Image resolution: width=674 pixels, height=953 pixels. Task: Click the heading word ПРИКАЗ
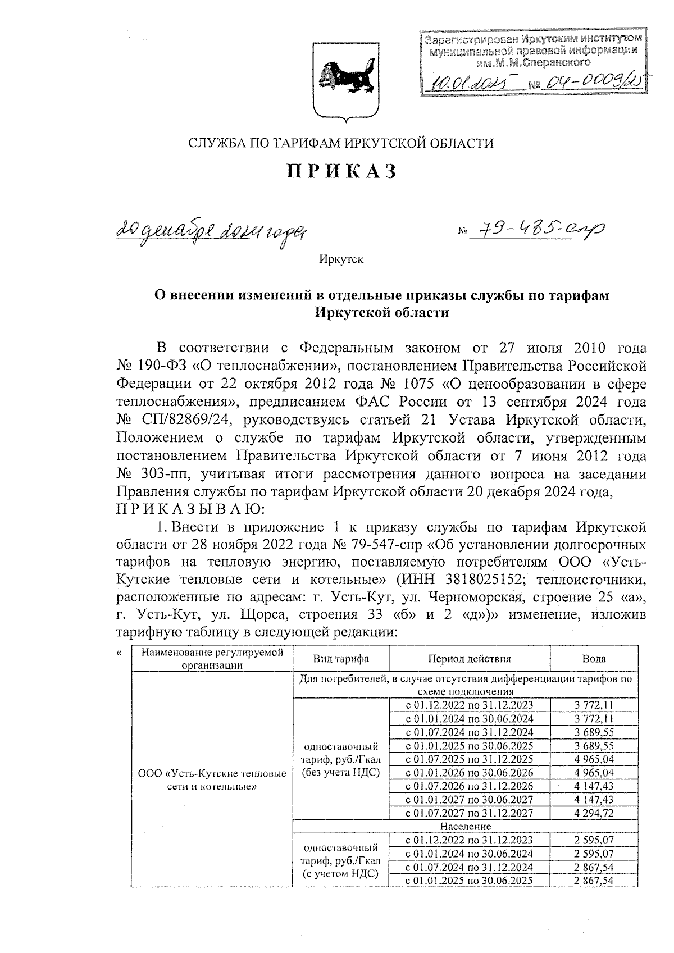click(x=342, y=171)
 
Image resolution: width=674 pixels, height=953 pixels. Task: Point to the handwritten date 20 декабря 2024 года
click(x=213, y=229)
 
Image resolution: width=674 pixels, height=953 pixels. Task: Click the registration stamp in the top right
click(x=532, y=62)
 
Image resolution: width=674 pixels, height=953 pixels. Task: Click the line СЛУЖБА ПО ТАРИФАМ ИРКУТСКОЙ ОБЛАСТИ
click(x=341, y=143)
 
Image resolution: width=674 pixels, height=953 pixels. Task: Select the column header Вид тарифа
click(x=340, y=659)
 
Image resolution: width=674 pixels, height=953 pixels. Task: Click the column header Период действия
click(x=469, y=659)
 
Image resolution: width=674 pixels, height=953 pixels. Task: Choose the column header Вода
click(x=594, y=659)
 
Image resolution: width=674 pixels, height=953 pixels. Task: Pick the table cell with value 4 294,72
click(x=594, y=813)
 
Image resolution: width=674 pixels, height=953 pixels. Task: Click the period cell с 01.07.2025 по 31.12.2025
click(x=469, y=759)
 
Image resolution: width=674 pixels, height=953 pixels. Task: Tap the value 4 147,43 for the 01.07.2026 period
click(x=594, y=786)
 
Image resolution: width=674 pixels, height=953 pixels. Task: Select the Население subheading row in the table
click(x=466, y=826)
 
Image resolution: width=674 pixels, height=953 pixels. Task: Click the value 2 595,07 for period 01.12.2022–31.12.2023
click(x=594, y=840)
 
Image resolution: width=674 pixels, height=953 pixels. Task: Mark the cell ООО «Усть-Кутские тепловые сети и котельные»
click(x=212, y=779)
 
